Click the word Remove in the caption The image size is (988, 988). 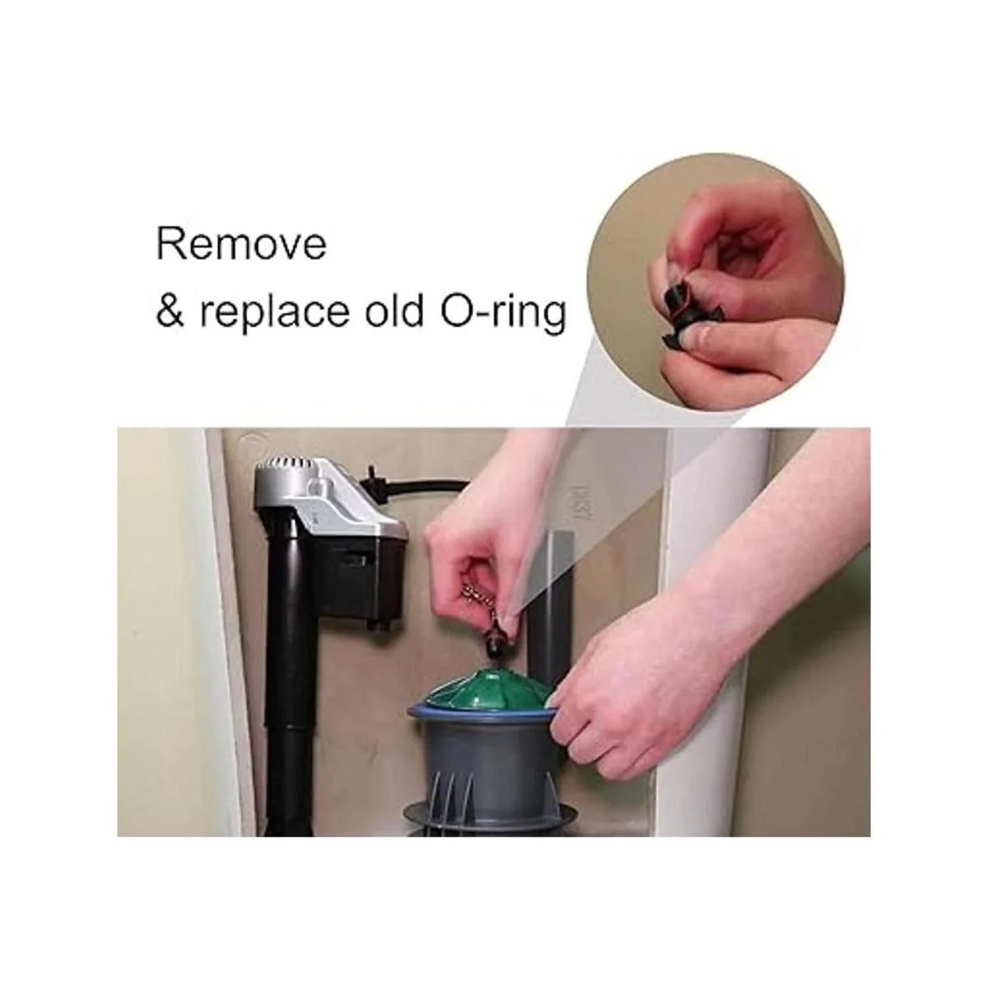[x=241, y=245]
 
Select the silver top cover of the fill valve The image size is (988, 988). [x=333, y=492]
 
